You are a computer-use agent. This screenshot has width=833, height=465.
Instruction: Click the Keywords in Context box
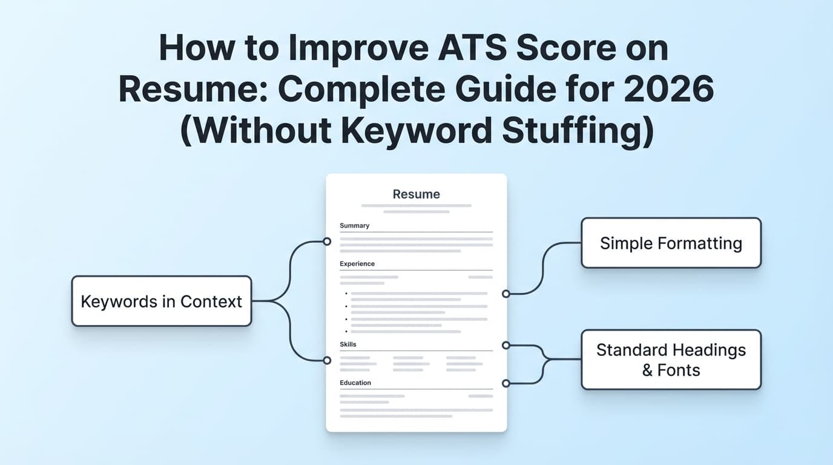[x=161, y=302]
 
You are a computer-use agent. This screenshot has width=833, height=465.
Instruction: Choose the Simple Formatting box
[x=671, y=243]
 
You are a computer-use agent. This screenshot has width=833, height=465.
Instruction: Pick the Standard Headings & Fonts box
[x=671, y=360]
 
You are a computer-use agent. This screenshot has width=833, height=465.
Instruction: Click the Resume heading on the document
[x=416, y=194]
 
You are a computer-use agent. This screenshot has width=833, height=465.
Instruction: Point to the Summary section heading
[x=355, y=226]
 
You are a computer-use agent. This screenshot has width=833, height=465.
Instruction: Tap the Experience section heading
[x=357, y=264]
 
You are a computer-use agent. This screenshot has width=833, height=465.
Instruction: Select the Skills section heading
[x=348, y=345]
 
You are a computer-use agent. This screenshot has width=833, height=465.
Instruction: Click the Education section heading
[x=355, y=383]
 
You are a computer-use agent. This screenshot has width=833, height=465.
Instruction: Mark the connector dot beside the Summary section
[x=327, y=242]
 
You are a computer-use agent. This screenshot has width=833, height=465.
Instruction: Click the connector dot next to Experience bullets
[x=506, y=294]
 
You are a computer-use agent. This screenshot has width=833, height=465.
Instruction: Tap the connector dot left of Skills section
[x=327, y=360]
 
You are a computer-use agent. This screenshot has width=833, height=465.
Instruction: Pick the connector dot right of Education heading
[x=506, y=383]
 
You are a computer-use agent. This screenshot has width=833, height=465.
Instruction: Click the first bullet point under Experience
[x=346, y=294]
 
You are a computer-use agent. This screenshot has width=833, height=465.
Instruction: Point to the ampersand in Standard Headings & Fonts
[x=647, y=371]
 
